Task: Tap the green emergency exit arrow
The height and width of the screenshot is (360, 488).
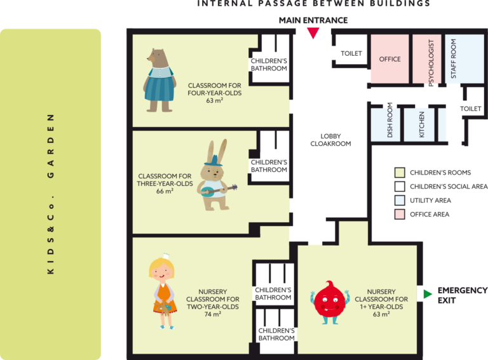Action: (428, 294)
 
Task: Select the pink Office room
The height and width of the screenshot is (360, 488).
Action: (390, 59)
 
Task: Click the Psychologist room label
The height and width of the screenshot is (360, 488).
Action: (431, 63)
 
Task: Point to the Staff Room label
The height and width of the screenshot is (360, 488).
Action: (454, 58)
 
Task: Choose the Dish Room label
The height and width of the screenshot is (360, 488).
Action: (390, 120)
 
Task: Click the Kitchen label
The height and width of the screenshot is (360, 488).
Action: (422, 124)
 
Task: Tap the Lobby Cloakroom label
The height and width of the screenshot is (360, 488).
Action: (330, 140)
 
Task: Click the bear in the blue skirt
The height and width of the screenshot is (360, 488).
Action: (159, 80)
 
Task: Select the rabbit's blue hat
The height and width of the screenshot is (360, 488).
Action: (213, 161)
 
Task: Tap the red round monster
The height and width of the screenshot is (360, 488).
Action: (330, 302)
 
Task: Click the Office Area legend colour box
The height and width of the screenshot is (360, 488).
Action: (400, 214)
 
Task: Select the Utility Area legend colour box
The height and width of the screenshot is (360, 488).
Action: (400, 200)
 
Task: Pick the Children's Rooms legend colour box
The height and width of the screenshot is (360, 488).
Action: (400, 172)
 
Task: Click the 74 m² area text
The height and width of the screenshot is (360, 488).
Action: (213, 314)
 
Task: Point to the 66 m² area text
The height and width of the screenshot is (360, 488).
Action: (165, 191)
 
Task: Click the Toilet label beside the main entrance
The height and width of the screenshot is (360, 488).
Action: (351, 53)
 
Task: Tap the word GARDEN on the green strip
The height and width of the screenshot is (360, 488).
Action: (50, 146)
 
